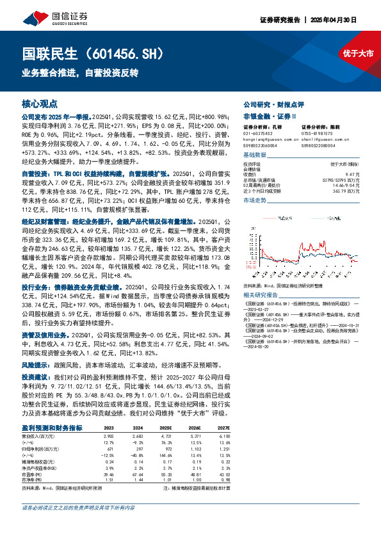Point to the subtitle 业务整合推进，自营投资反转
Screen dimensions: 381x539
tap(80, 73)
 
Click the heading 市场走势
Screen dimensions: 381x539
tap(256, 201)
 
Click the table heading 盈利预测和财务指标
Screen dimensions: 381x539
tap(52, 428)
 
